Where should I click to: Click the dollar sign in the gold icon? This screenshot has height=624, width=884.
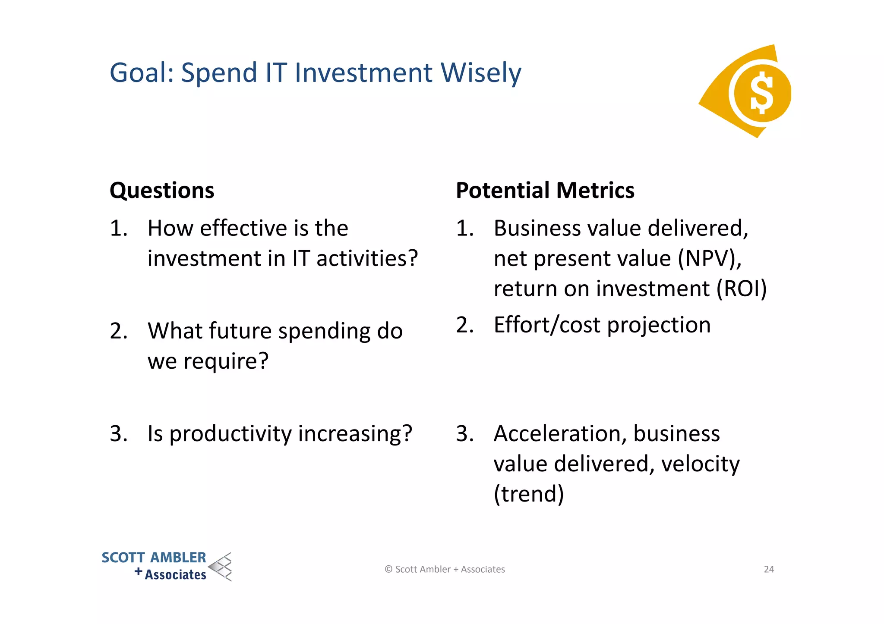pos(761,93)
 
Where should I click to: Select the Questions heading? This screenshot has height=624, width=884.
pos(162,191)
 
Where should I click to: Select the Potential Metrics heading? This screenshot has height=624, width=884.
pos(545,191)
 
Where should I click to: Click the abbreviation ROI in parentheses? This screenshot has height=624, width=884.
pos(741,289)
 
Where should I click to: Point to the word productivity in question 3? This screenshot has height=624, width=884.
pos(230,434)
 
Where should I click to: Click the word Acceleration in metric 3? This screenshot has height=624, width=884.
pos(559,434)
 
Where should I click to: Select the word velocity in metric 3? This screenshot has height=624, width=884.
pos(700,464)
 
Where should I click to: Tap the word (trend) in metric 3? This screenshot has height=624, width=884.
pos(529,494)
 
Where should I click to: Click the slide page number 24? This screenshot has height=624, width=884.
pos(769,569)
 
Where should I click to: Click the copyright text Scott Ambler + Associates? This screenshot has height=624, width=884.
pos(445,569)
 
